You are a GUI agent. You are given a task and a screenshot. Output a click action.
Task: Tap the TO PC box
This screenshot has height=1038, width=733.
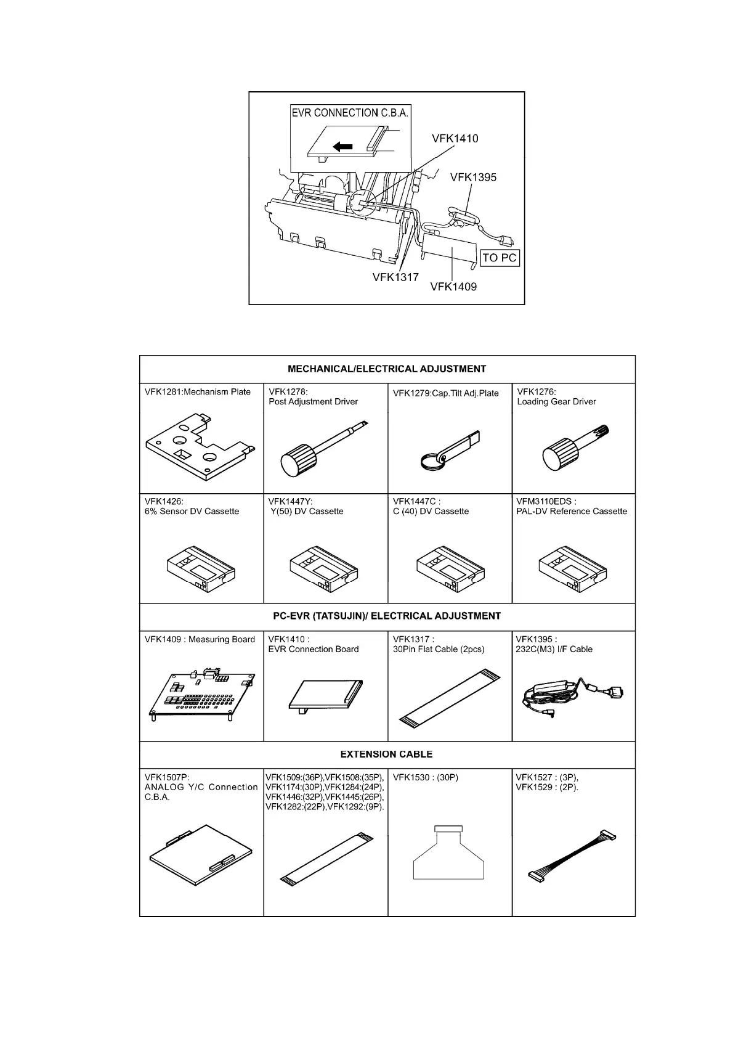500,258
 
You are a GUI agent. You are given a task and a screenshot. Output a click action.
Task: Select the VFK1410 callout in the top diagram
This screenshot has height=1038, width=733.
455,139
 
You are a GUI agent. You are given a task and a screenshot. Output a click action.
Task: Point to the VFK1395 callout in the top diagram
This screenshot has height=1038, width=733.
472,178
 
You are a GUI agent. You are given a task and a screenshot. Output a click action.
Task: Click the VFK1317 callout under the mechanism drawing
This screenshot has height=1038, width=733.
395,277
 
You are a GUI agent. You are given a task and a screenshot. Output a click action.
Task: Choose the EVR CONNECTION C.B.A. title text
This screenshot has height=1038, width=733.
350,113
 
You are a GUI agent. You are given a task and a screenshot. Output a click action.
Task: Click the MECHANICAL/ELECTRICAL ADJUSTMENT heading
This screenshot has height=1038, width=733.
387,369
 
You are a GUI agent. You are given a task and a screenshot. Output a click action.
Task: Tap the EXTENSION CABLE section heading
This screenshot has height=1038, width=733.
387,754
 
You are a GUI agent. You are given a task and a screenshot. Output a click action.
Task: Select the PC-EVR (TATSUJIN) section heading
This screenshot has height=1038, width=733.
387,616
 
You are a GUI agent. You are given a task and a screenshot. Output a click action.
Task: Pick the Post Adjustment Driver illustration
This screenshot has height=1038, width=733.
320,447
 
